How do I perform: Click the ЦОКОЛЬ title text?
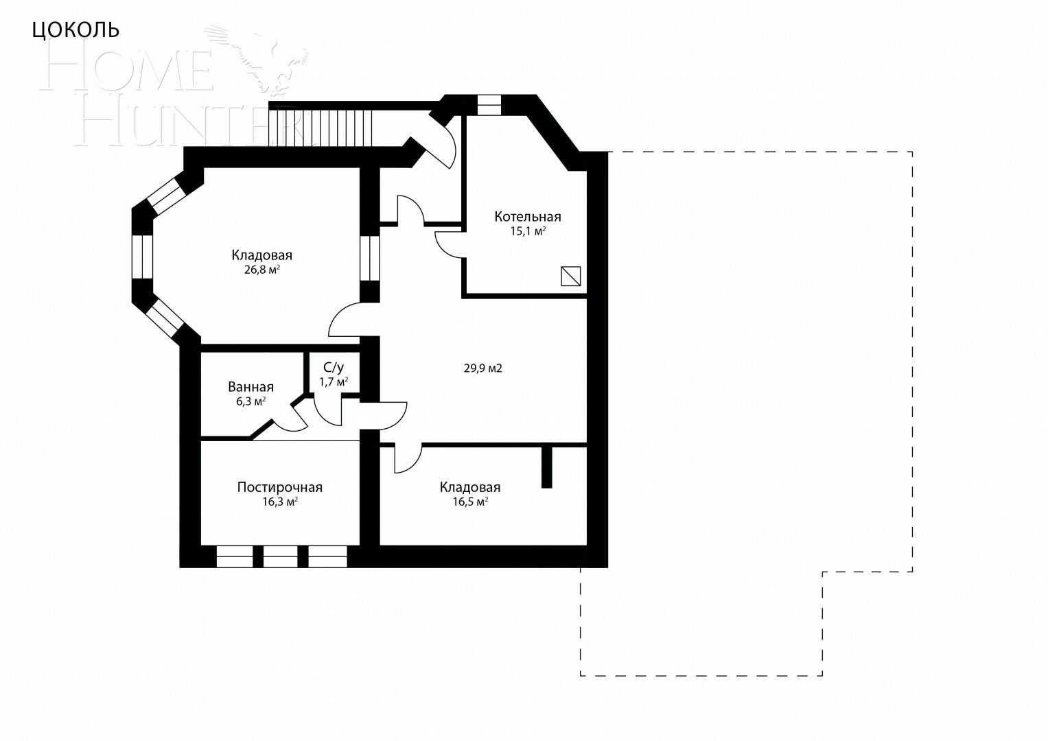coord(76,30)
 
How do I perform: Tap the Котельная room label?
coord(527,217)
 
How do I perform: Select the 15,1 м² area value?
coord(527,231)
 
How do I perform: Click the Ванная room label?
coord(251,387)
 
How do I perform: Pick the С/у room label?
coord(334,367)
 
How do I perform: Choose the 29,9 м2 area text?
coord(482,368)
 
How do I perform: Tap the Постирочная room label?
coord(279,487)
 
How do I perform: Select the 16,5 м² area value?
coord(469,502)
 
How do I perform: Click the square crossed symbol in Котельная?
coord(571,276)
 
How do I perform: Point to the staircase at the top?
coord(321,127)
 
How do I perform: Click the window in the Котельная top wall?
coord(489,104)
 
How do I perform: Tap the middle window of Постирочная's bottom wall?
coord(280,556)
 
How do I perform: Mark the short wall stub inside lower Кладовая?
coord(546,467)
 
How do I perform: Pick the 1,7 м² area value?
coord(334,381)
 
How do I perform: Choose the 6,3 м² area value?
coord(251,401)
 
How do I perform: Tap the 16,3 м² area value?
coord(279,502)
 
